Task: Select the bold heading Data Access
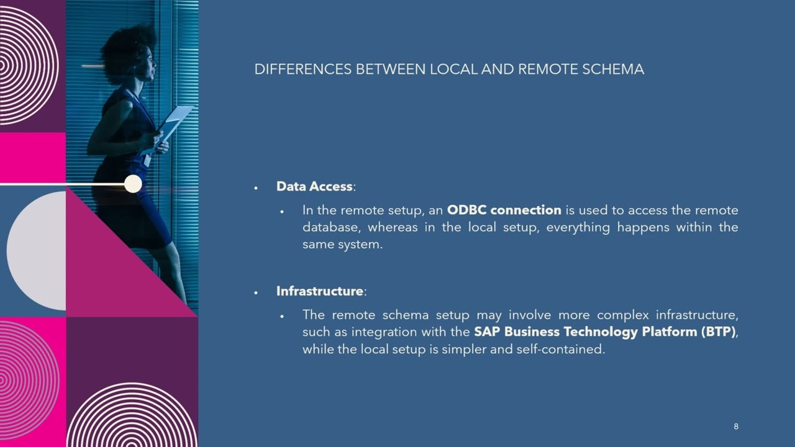pos(314,186)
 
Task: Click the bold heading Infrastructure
pos(319,291)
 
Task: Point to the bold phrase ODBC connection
pos(504,210)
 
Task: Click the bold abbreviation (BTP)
pos(718,332)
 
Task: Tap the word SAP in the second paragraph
pos(487,332)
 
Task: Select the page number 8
pos(736,427)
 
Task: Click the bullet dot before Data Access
pos(256,187)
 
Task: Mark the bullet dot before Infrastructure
pos(256,292)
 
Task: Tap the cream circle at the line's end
pos(133,184)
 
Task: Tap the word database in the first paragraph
pos(329,227)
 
